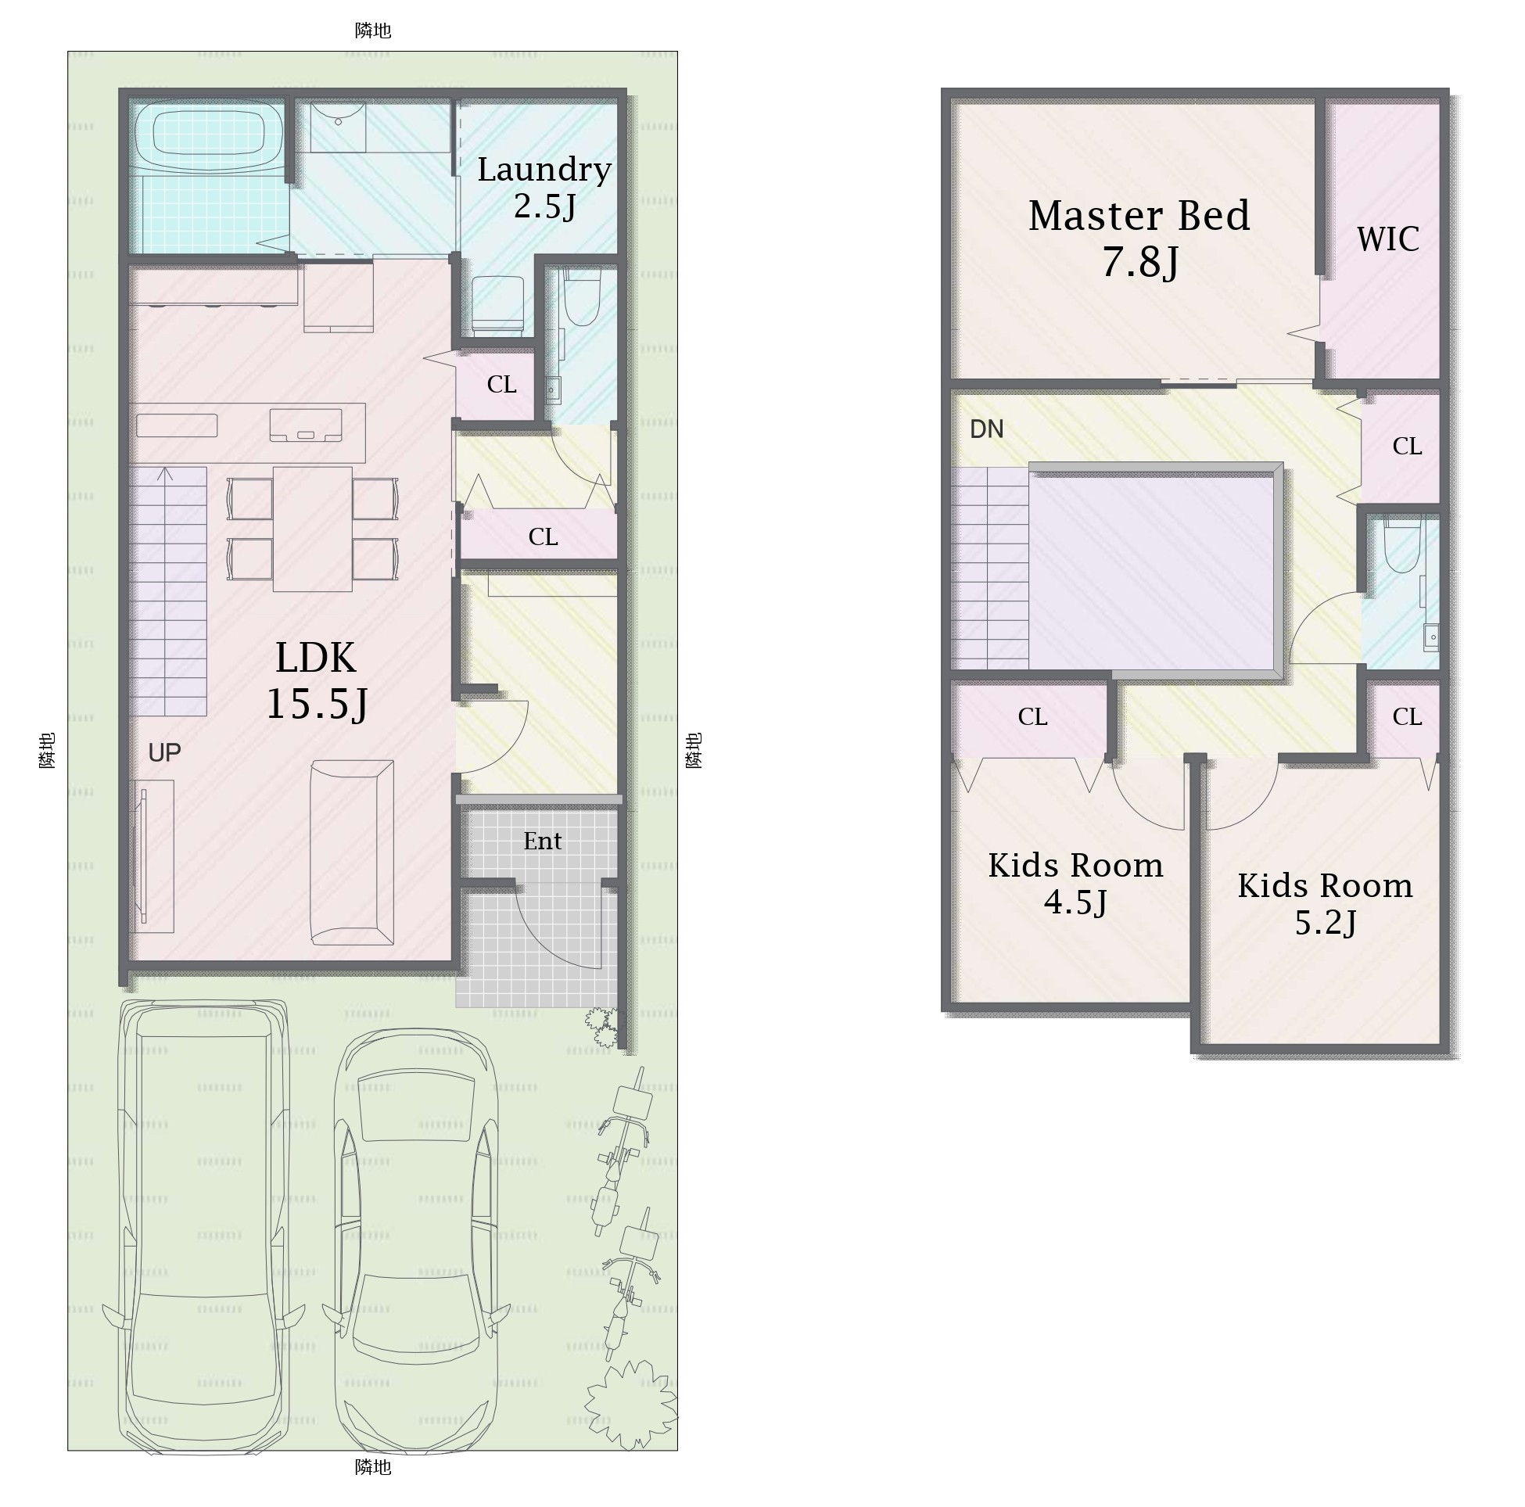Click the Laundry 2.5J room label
[x=544, y=187]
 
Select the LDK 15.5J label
[x=317, y=680]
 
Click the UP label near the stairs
[x=164, y=753]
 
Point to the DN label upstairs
[x=987, y=429]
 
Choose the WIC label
[x=1387, y=239]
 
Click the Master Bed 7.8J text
[x=1139, y=239]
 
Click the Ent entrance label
[x=542, y=841]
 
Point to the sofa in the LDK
[x=352, y=852]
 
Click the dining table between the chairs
[x=313, y=529]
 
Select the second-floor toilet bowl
[x=1403, y=545]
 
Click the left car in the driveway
[x=203, y=1228]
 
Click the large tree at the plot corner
[x=630, y=1405]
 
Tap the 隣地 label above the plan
[x=372, y=30]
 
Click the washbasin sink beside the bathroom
[x=338, y=127]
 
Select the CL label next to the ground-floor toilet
[x=501, y=385]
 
